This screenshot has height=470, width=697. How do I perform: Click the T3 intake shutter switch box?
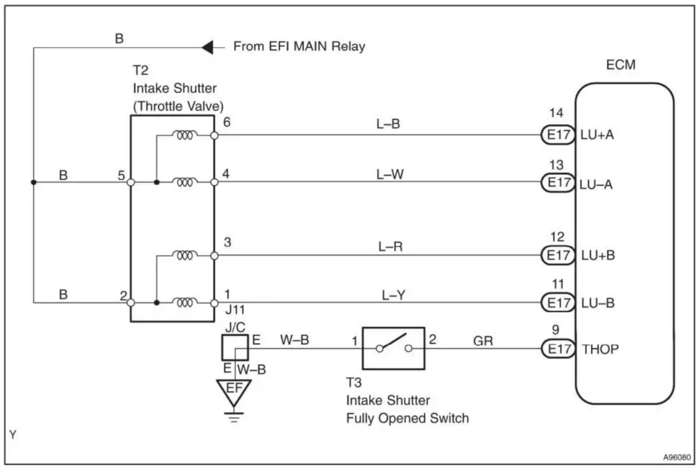pos(393,348)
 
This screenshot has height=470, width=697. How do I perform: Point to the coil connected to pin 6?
pos(184,135)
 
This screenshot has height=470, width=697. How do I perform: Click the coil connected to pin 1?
pos(184,302)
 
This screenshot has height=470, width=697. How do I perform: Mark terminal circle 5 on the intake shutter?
pos(131,182)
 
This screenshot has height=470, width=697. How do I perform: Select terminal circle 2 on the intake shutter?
pos(131,302)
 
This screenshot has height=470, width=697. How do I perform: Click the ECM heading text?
pos(621,66)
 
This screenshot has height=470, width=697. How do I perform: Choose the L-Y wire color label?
pos(393,295)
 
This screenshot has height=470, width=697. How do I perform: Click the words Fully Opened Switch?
pos(407,418)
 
